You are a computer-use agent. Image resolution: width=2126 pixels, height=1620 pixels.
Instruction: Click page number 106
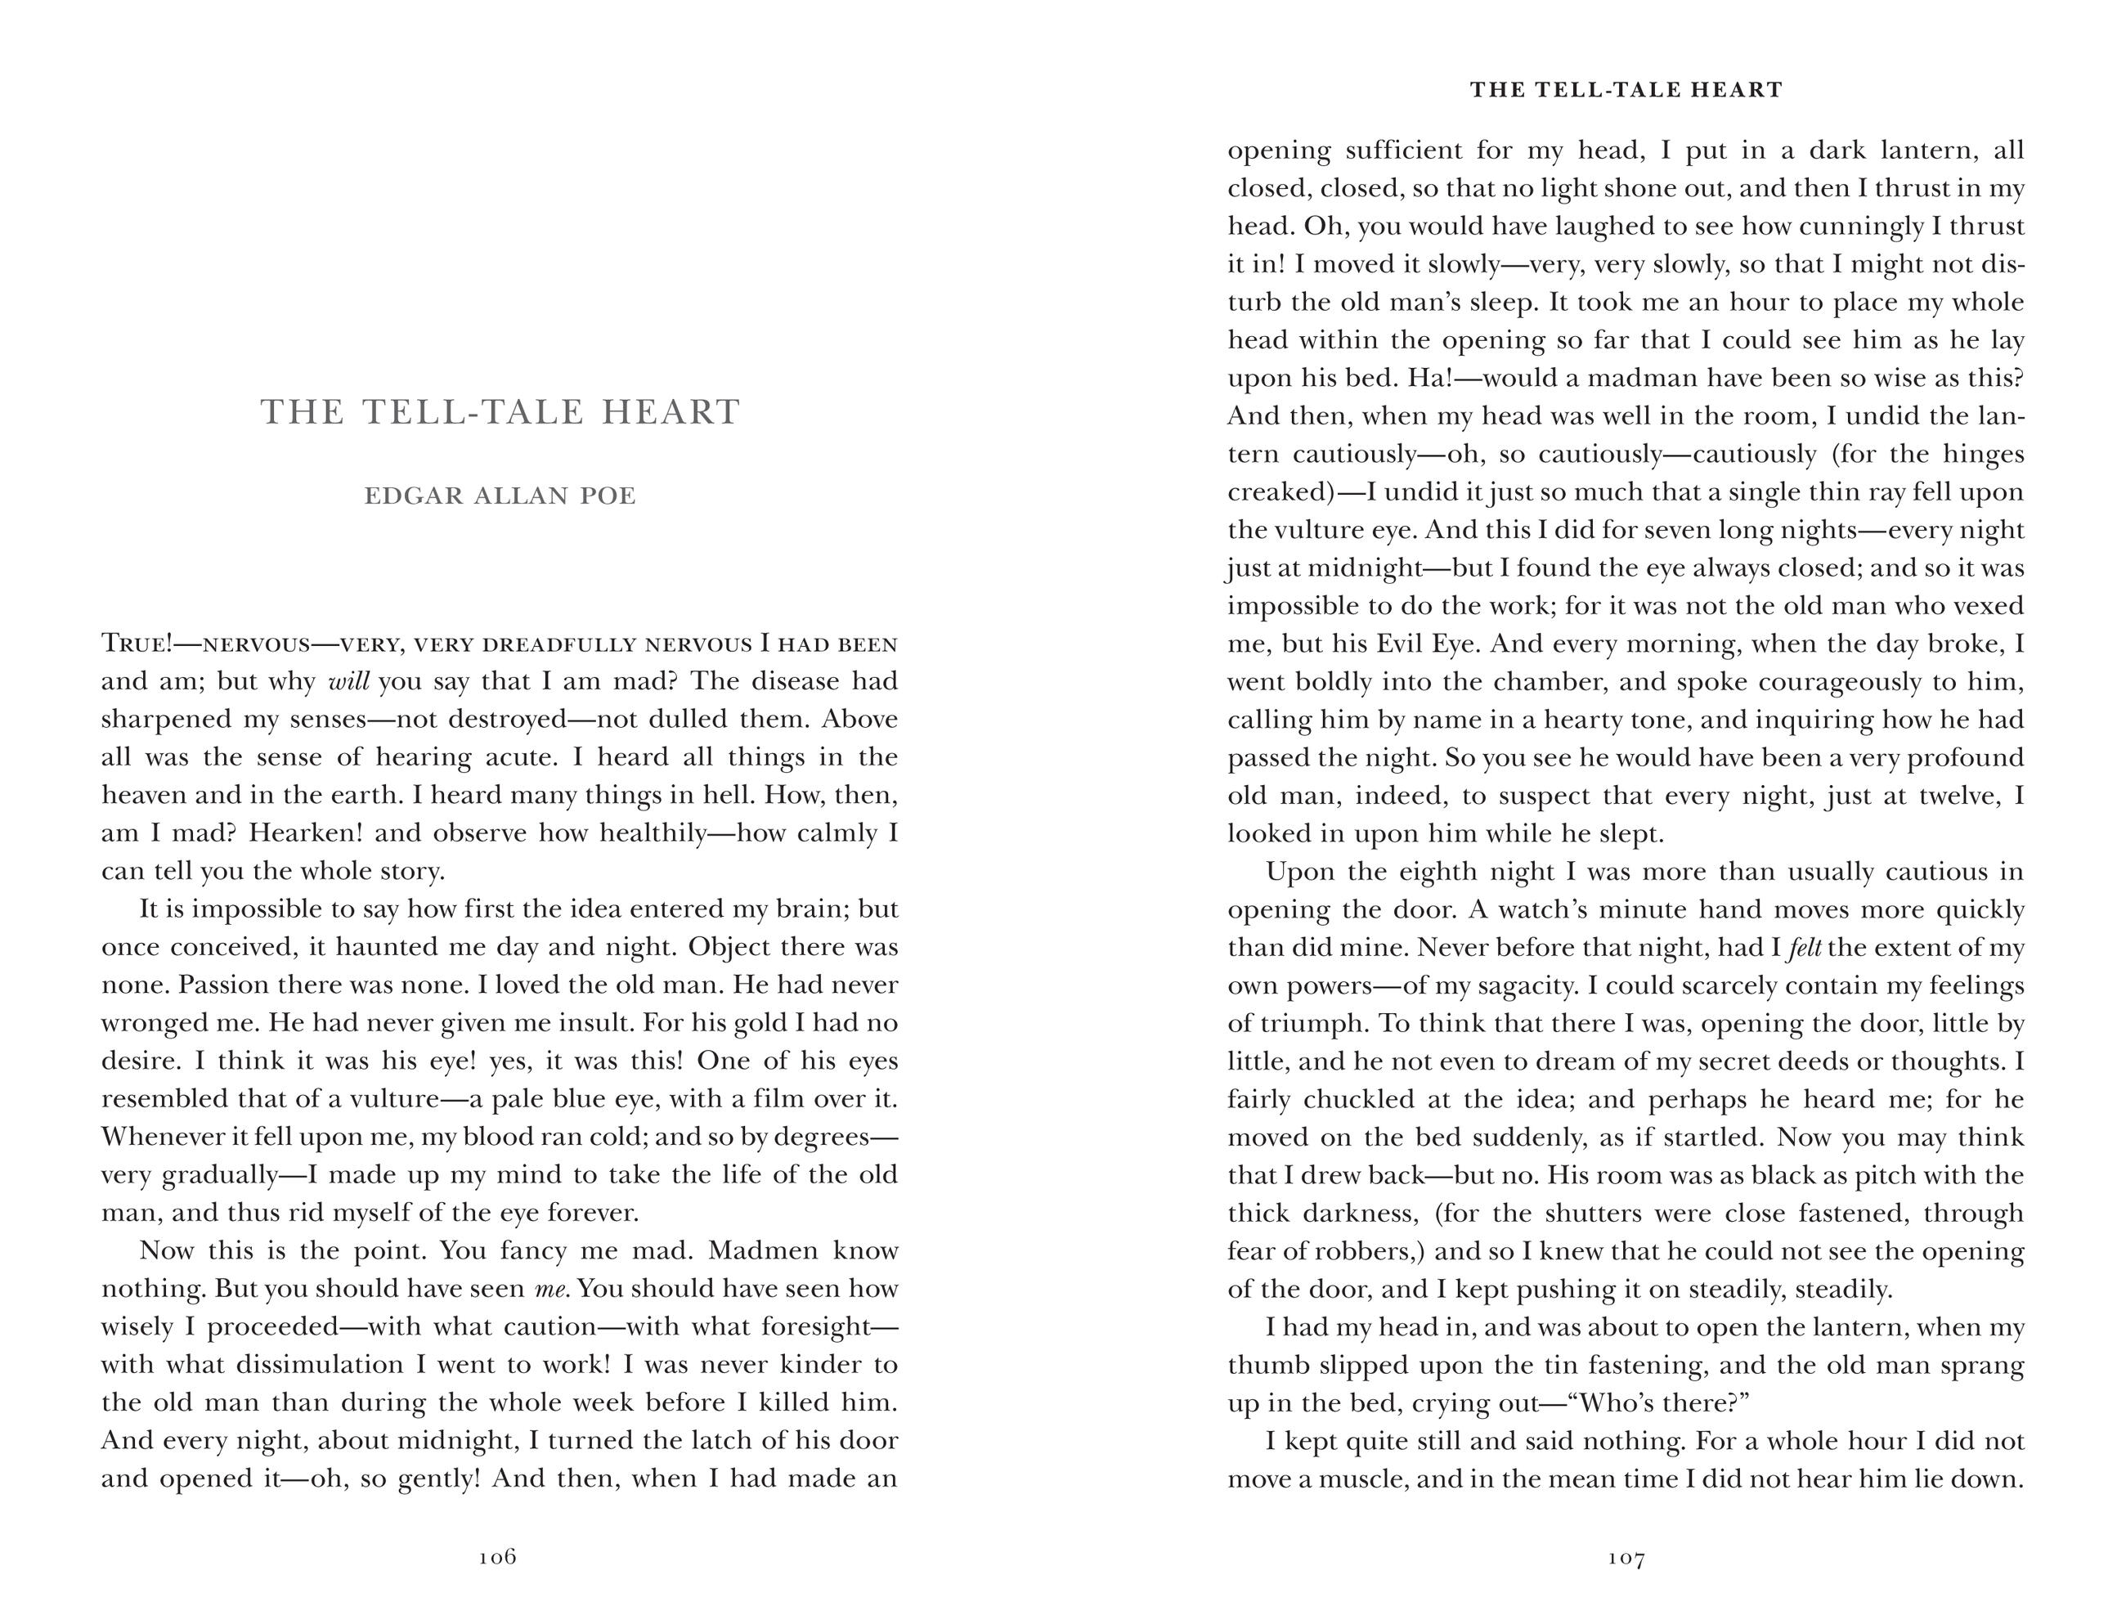pos(497,1556)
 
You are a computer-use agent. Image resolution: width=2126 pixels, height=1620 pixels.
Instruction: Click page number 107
pos(1626,1556)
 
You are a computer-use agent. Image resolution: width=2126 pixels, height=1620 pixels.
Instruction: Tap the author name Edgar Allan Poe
pos(500,496)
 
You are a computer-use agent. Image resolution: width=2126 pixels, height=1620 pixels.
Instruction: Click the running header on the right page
pos(1626,90)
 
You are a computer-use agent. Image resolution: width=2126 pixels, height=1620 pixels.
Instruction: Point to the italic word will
pos(349,682)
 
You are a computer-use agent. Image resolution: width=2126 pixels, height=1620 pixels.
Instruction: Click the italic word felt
pos(1805,948)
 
